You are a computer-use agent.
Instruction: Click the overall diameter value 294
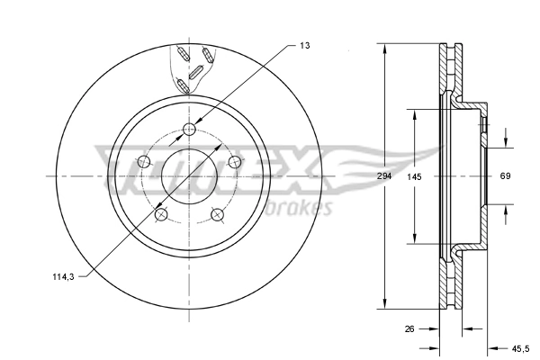pos(384,176)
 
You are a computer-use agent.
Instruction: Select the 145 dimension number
pos(414,176)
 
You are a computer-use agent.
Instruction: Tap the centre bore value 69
pos(505,176)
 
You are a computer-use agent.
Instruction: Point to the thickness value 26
pos(409,329)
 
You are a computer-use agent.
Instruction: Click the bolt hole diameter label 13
pos(305,44)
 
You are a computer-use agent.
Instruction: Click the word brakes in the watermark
pos(301,209)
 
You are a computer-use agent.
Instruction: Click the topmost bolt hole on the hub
pos(189,130)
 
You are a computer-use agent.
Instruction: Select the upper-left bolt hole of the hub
pos(142,163)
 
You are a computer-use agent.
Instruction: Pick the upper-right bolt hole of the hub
pos(235,162)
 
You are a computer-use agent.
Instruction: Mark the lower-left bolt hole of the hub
pos(161,215)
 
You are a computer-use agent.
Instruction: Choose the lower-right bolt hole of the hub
pos(217,214)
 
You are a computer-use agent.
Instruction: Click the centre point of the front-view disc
pos(189,176)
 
